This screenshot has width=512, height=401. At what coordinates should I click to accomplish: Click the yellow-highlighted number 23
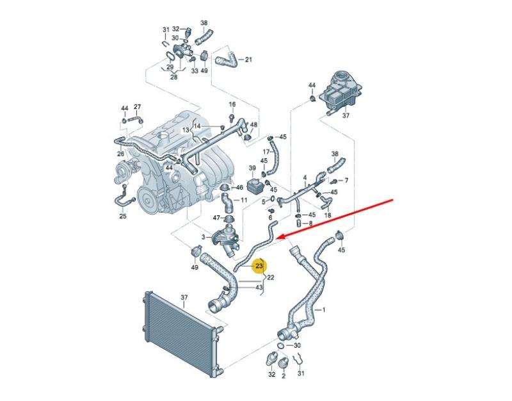pyautogui.click(x=259, y=266)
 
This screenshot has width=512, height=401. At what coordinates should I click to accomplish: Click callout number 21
pyautogui.click(x=248, y=60)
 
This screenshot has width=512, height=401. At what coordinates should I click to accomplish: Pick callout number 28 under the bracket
pyautogui.click(x=173, y=77)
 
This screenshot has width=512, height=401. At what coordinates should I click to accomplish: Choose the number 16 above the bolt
pyautogui.click(x=232, y=104)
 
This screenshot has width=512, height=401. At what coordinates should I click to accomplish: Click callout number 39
pyautogui.click(x=252, y=168)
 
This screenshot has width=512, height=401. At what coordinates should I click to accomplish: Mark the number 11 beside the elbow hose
pyautogui.click(x=244, y=200)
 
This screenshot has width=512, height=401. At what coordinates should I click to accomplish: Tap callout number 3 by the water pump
pyautogui.click(x=203, y=237)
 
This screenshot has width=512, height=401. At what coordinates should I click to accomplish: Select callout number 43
pyautogui.click(x=259, y=287)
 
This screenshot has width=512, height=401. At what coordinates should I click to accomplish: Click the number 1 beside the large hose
pyautogui.click(x=324, y=309)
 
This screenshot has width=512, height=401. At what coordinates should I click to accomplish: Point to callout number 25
pyautogui.click(x=122, y=216)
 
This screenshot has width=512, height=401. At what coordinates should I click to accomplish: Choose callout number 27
pyautogui.click(x=137, y=107)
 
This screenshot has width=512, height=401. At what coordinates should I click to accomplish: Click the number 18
pyautogui.click(x=328, y=215)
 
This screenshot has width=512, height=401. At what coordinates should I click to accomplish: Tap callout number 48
pyautogui.click(x=253, y=124)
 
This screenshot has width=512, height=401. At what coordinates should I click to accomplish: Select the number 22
pyautogui.click(x=270, y=277)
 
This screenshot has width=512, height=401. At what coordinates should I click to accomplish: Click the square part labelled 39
pyautogui.click(x=254, y=186)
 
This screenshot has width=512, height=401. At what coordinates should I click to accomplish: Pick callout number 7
pyautogui.click(x=346, y=181)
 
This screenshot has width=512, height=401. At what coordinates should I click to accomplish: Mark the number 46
pyautogui.click(x=239, y=187)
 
